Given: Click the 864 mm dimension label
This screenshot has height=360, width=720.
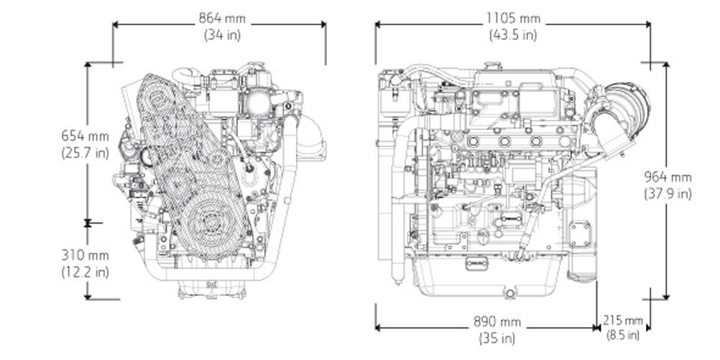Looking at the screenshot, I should click(220, 18).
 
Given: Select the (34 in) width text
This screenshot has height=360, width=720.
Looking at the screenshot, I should click(219, 34).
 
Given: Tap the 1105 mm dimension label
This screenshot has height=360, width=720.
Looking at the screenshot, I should click(513, 18).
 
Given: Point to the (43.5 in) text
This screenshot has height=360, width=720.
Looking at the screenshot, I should click(513, 34).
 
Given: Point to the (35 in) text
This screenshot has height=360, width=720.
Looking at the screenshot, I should click(497, 337).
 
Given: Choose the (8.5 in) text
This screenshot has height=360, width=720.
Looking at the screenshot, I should click(623, 334).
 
